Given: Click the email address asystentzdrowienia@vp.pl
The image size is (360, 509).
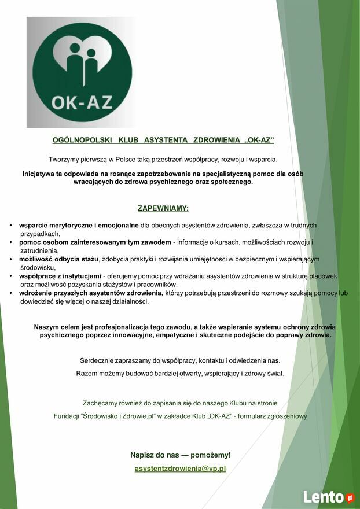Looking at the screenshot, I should [180, 469].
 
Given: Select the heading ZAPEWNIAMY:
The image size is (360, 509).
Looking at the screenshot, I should [163, 208].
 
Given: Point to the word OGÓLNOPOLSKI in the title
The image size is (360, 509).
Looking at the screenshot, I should [82, 140].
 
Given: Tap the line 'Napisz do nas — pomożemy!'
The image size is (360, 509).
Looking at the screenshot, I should [180, 455].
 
